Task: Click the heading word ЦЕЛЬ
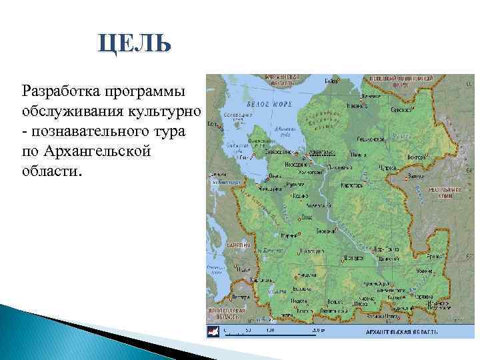[x=134, y=45]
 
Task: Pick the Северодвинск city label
[x=289, y=155]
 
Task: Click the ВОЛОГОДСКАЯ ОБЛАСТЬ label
[x=226, y=314]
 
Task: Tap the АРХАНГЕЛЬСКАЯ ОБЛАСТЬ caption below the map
[x=402, y=331]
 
